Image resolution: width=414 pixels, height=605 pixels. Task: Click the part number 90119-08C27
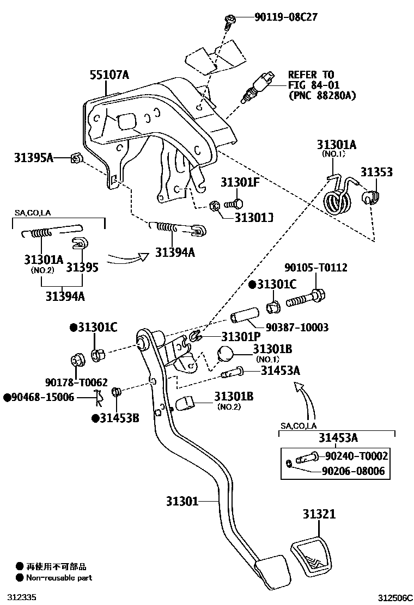tap(286, 17)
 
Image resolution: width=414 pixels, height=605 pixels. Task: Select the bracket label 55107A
tap(109, 75)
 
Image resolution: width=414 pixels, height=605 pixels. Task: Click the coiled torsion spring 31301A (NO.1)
tap(338, 197)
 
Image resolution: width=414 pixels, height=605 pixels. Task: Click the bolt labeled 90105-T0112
tap(306, 298)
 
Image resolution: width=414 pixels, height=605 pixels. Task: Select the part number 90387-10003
tap(297, 327)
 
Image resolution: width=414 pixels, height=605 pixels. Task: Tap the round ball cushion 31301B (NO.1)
tap(226, 354)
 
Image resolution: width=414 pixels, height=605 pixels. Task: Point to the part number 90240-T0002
tap(356, 456)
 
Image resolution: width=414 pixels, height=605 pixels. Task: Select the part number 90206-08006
tap(354, 471)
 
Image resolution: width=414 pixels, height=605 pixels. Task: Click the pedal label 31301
tap(182, 501)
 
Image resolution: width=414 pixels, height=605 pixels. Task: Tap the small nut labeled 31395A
tap(76, 158)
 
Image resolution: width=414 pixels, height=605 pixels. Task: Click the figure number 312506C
tap(394, 598)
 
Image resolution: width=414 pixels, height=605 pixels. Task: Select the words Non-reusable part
tap(59, 578)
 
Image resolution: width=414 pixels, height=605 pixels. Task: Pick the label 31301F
tap(240, 182)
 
